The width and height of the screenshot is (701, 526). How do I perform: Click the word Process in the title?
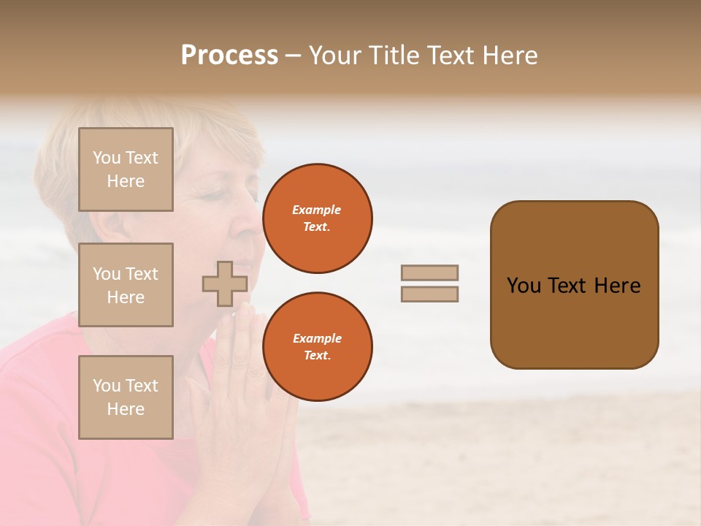pos(229,56)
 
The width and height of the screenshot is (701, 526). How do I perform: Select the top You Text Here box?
pos(126,169)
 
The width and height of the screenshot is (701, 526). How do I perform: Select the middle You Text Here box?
pos(126,285)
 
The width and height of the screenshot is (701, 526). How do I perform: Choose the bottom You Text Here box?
pos(126,397)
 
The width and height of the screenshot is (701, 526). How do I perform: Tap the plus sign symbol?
pos(224,283)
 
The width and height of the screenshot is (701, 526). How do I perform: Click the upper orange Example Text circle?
pos(317,218)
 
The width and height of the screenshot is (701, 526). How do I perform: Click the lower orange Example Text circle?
pos(317,347)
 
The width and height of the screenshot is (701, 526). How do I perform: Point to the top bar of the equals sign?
pos(429,272)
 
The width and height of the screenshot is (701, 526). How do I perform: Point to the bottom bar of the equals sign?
pos(429,294)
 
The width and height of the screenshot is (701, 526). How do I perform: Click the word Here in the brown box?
pos(617,286)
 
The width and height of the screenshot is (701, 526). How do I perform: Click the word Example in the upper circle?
pos(317,210)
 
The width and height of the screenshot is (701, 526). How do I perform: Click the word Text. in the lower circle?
pos(317,356)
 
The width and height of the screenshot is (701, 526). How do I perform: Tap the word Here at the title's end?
pos(510,56)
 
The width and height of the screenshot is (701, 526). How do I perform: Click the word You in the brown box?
pos(523,286)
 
